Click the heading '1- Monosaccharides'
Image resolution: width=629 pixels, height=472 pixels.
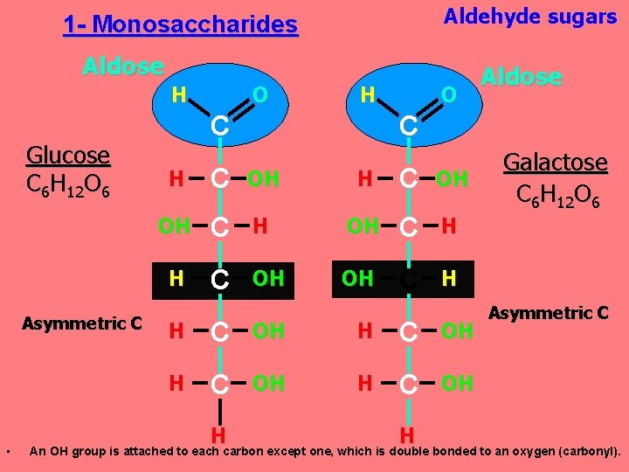181,24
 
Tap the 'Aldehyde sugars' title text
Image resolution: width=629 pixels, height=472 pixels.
530,17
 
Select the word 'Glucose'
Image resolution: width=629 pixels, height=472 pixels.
68,156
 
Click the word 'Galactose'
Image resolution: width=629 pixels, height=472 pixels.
556,163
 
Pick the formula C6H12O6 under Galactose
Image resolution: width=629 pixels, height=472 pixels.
556,193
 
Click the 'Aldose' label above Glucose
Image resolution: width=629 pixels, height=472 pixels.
123,66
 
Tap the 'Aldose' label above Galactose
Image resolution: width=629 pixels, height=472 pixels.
522,77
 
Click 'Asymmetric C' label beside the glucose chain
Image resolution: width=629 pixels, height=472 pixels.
82,323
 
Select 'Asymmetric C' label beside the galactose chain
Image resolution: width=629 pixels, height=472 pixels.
549,312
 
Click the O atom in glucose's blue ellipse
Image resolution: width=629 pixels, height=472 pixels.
259,94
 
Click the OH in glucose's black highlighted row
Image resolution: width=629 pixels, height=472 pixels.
268,279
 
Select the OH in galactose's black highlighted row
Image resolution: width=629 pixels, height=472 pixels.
356,279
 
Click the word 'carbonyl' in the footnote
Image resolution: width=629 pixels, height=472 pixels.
587,452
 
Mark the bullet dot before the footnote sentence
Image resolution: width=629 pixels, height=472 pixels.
6,452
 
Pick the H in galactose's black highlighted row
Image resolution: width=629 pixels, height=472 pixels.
449,279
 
